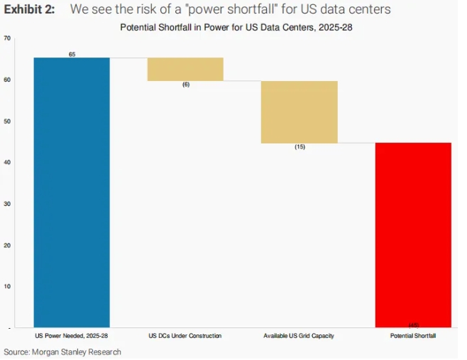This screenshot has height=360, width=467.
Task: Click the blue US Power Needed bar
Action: [72, 192]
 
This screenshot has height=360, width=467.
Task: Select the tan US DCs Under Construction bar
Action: [185, 69]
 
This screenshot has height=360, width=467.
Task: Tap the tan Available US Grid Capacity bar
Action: [299, 112]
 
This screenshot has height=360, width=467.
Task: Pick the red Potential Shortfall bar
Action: [413, 234]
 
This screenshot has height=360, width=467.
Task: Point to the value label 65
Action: [72, 54]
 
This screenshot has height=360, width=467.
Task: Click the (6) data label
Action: [186, 84]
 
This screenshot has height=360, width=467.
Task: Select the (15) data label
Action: [300, 147]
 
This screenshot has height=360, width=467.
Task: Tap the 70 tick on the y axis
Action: [6, 38]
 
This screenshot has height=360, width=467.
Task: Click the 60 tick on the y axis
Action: [6, 80]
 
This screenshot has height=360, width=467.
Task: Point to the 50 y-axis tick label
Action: [6, 121]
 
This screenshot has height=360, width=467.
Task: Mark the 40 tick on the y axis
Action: [6, 162]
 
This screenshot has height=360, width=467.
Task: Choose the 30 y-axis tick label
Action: [6, 203]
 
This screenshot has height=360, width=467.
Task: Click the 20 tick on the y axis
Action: [6, 244]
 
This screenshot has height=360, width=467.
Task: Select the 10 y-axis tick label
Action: [6, 285]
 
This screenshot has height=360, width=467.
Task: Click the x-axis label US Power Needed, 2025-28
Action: [72, 335]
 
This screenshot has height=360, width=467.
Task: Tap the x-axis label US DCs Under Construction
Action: [185, 335]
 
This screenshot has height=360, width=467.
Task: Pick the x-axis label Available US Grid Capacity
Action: [299, 335]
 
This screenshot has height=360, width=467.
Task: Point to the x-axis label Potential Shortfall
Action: [413, 335]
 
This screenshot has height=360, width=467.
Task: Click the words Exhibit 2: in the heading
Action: [30, 9]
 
